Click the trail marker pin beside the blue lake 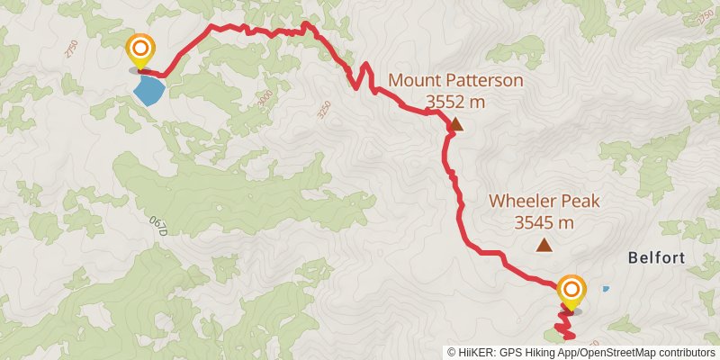(x=140, y=51)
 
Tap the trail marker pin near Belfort (x=571, y=292)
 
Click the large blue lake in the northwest (x=149, y=89)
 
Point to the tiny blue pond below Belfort (x=606, y=289)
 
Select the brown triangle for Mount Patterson (x=456, y=124)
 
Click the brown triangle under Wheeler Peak (x=544, y=245)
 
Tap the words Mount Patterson (x=455, y=80)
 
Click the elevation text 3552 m (x=455, y=102)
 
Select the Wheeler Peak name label (x=544, y=202)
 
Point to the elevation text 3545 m (x=544, y=222)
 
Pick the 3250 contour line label (x=324, y=110)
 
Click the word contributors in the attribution (x=685, y=353)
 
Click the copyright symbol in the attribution (x=452, y=353)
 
